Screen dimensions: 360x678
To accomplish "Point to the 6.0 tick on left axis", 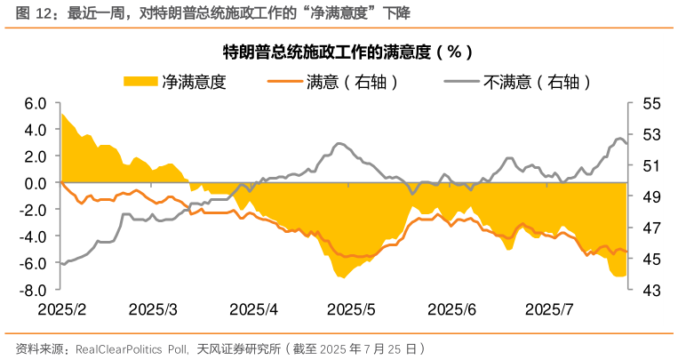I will click(x=36, y=103).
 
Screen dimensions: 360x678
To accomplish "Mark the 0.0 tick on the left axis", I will click(x=36, y=183).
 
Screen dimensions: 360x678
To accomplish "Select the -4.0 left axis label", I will click(x=34, y=237).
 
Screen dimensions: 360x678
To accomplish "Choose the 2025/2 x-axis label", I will click(x=61, y=309).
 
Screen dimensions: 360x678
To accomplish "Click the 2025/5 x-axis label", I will click(x=352, y=309).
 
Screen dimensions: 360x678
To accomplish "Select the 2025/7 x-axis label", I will click(x=549, y=309).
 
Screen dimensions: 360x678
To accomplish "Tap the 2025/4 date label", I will click(x=253, y=309).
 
